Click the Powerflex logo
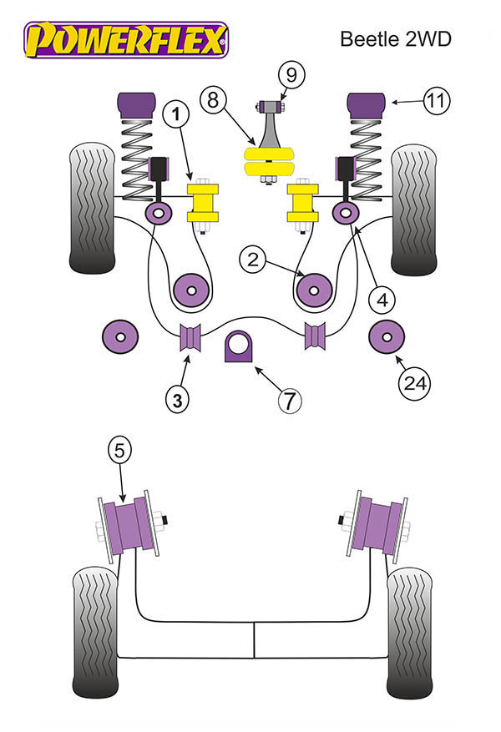pos(126,40)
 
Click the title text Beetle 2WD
pos(396,38)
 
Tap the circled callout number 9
pos(291,74)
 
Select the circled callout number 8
pos(213,99)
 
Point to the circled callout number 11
pos(437,101)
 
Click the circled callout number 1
pos(176,114)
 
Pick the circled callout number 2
pos(252,259)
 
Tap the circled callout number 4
pos(382,300)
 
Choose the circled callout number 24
pos(415,383)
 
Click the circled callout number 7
pos(290,400)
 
